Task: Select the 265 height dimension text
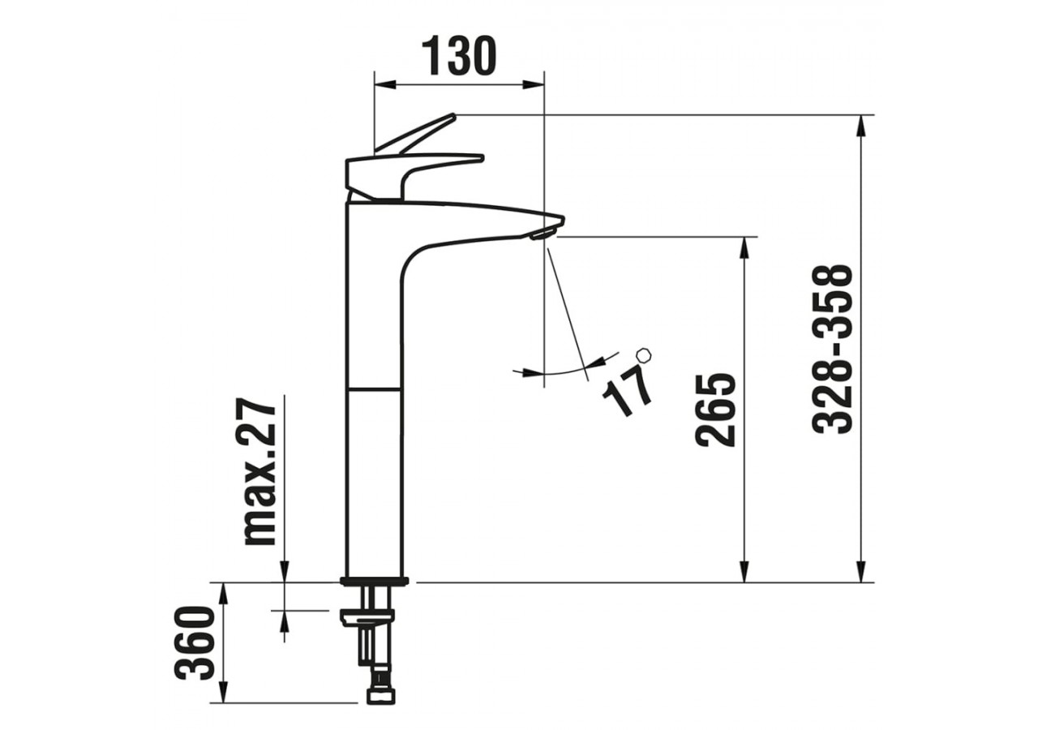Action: coord(715,410)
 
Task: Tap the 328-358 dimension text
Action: coord(834,349)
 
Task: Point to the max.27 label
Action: coord(261,470)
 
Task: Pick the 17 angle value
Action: coord(628,390)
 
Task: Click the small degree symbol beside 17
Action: coord(644,355)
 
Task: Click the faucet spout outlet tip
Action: coord(542,234)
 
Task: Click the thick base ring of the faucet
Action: coord(375,581)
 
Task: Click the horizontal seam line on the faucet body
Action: coord(374,390)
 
